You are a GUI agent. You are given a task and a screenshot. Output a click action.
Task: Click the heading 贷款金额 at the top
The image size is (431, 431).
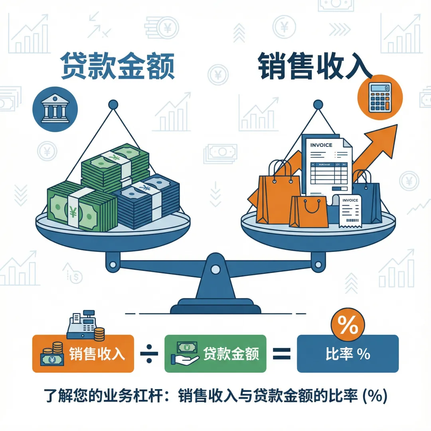coord(117,66)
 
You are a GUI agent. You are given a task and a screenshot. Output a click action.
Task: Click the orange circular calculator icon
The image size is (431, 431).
coord(380,97)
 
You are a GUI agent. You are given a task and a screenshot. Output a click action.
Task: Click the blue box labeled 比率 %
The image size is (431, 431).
coord(348,354)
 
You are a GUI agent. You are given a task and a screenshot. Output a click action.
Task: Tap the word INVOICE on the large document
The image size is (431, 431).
coord(321,145)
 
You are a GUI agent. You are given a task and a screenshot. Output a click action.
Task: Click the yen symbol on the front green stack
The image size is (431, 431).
coord(73,212)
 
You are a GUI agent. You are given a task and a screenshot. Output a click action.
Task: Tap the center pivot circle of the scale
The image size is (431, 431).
coord(215,270)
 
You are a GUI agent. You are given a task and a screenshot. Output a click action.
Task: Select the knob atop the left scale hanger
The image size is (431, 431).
coord(113,105)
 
